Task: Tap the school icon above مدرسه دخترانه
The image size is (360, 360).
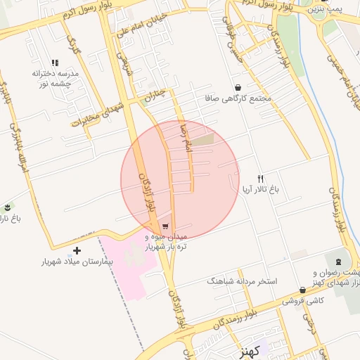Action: coord(56,63)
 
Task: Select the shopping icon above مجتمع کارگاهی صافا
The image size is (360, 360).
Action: coord(240,88)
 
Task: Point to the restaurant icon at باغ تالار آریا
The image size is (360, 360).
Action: coord(260,179)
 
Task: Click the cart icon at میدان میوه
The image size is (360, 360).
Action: coord(165,226)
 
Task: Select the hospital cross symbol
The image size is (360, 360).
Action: coord(77,250)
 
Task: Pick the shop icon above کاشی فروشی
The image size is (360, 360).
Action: coord(302,289)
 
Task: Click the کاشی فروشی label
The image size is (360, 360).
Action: coord(303,300)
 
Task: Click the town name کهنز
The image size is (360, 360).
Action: coord(248,349)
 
